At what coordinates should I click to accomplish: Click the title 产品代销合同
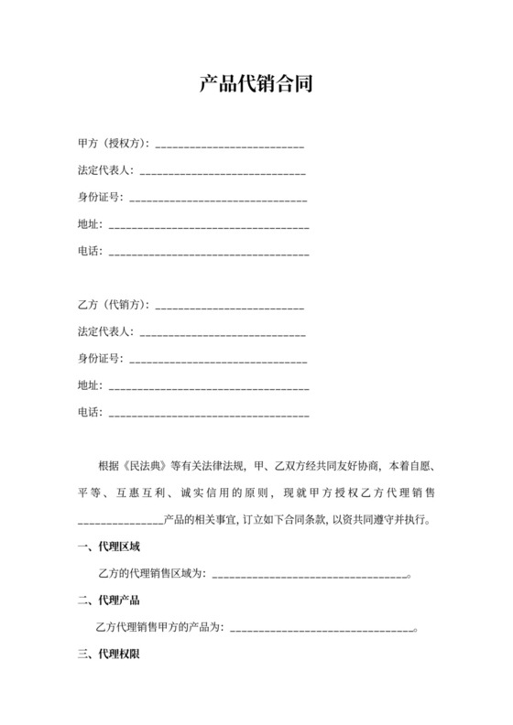[256, 86]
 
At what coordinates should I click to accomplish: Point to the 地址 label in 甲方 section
[90, 224]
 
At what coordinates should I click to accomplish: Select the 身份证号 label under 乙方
[101, 359]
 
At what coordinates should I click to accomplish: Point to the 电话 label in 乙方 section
[90, 413]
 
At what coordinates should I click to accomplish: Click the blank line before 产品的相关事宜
[120, 523]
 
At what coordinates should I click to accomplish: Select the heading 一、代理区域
[109, 547]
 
